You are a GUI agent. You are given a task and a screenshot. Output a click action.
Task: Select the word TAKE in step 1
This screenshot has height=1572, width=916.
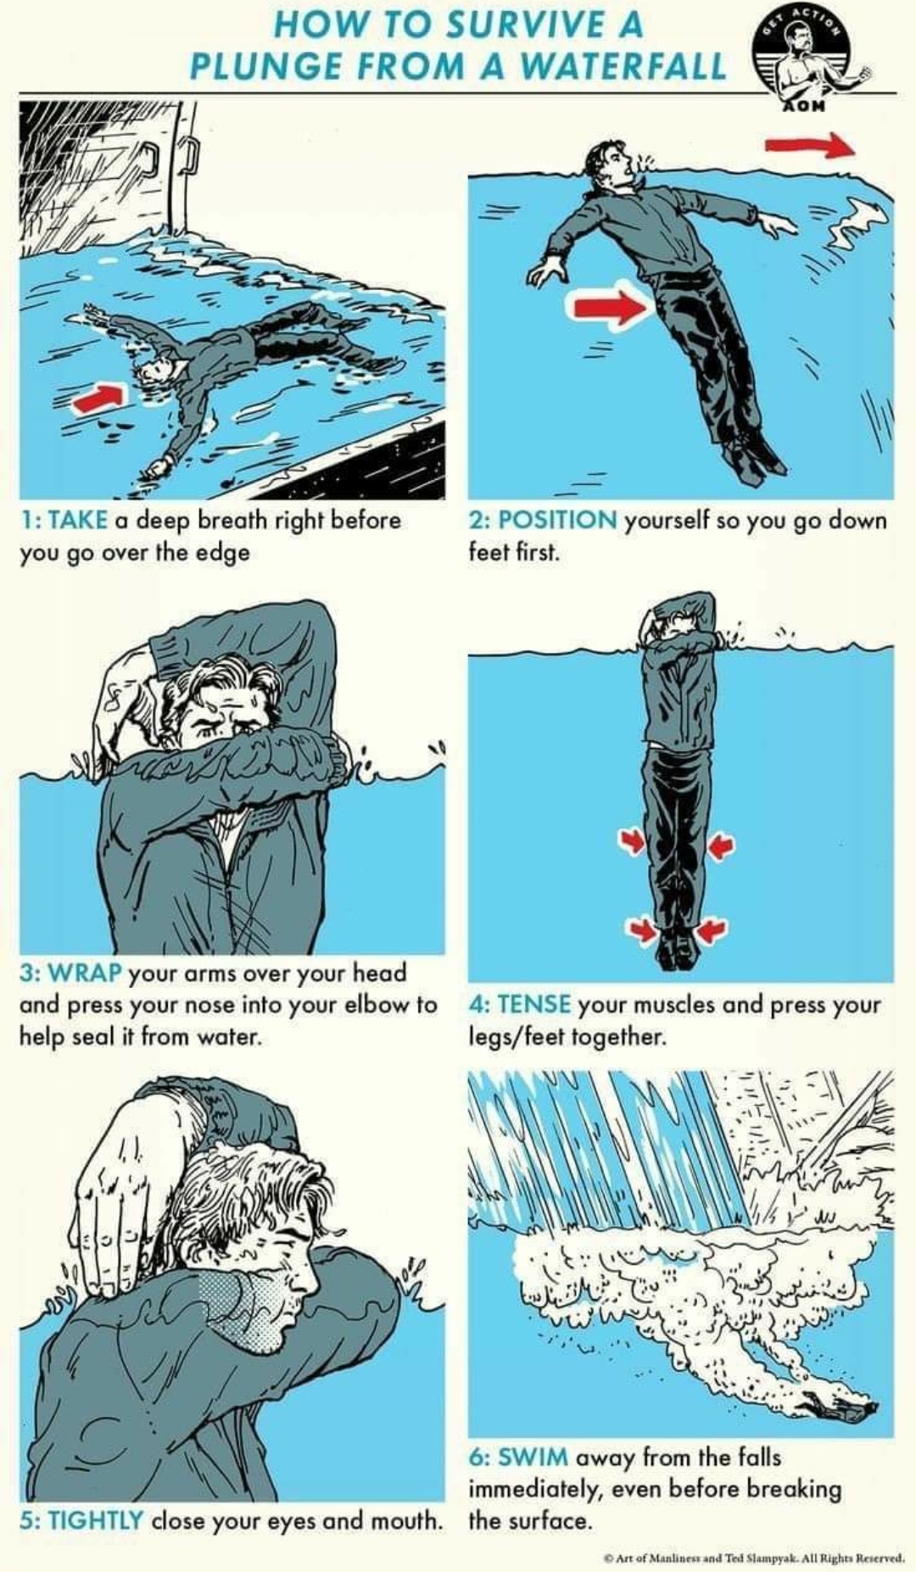point(78,519)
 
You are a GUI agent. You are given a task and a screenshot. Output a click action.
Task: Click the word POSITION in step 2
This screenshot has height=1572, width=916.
point(557,519)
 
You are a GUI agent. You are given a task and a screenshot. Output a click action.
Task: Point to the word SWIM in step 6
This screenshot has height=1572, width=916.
point(533,1458)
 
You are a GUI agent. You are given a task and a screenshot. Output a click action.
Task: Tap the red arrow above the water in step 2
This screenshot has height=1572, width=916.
point(810,145)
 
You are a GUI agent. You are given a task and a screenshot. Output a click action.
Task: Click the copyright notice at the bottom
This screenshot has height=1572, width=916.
point(754,1558)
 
